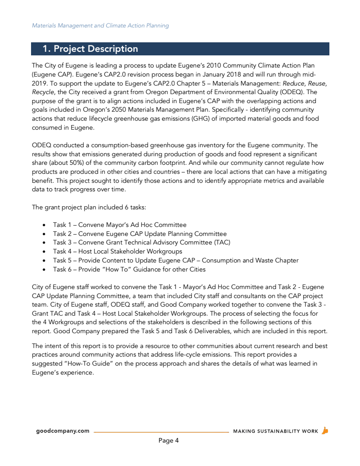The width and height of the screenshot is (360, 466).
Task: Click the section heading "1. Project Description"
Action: pyautogui.click(x=90, y=49)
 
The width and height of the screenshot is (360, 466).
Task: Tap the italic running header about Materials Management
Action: pyautogui.click(x=100, y=26)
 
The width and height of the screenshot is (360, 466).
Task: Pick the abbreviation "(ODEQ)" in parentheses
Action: pyautogui.click(x=292, y=92)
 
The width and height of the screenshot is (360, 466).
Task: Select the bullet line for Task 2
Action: pyautogui.click(x=139, y=234)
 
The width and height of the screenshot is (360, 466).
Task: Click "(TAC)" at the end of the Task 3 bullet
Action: pyautogui.click(x=222, y=242)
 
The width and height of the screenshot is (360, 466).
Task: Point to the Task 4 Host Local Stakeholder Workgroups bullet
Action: pyautogui.click(x=117, y=251)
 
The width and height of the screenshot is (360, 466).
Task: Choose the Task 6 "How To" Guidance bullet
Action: pyautogui.click(x=129, y=269)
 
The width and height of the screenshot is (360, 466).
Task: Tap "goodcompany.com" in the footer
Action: pyautogui.click(x=63, y=431)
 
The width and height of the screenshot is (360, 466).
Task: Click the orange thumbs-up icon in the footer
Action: pyautogui.click(x=325, y=430)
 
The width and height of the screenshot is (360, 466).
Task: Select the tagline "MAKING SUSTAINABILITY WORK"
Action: pyautogui.click(x=275, y=431)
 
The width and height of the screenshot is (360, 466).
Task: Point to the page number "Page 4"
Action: pyautogui.click(x=169, y=440)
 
